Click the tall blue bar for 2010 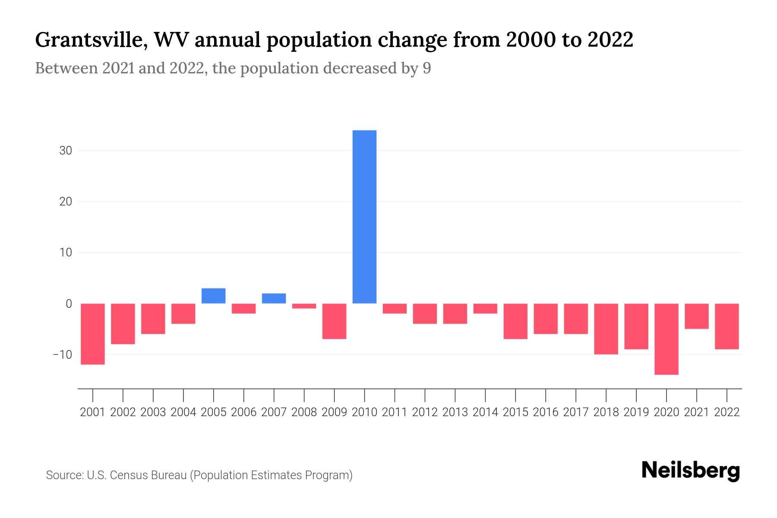click(x=364, y=217)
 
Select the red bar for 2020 click(x=666, y=339)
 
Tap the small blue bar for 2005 click(x=214, y=296)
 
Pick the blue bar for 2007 click(x=274, y=298)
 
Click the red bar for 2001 click(x=93, y=334)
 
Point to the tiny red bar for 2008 click(x=304, y=306)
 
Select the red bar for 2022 click(x=727, y=326)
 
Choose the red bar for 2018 click(x=606, y=328)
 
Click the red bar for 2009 click(x=335, y=321)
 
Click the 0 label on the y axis click(x=69, y=303)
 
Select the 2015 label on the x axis click(x=515, y=412)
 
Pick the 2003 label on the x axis click(x=153, y=412)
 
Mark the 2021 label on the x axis click(x=697, y=412)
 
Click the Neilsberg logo click(x=691, y=471)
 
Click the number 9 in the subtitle click(x=426, y=68)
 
